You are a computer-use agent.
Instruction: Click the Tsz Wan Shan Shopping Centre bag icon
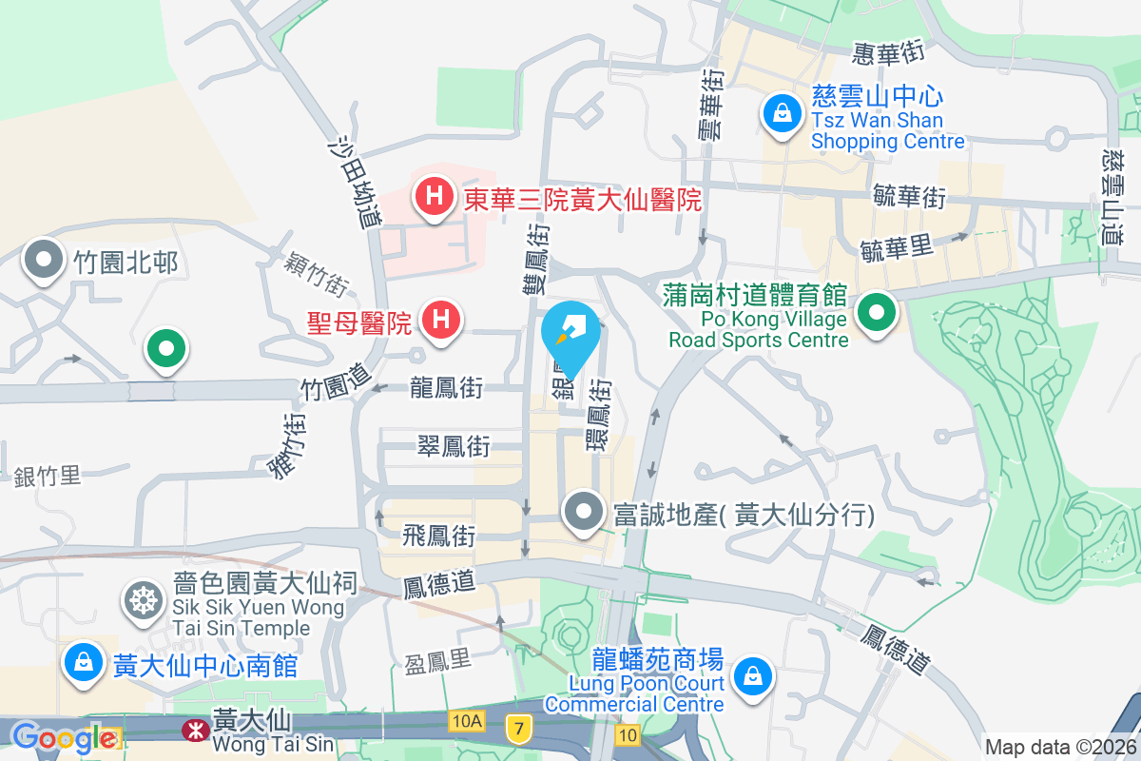(781, 114)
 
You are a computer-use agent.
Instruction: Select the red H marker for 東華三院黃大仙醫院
(434, 197)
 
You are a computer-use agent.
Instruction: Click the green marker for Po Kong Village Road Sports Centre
(877, 313)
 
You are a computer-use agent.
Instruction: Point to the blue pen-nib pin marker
(571, 335)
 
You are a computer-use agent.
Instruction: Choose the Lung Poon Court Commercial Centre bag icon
(752, 677)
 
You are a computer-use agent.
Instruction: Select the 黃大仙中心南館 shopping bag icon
(84, 662)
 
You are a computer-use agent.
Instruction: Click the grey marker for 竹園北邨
(44, 261)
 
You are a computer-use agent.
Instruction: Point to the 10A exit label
(467, 722)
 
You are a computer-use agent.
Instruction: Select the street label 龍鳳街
(446, 388)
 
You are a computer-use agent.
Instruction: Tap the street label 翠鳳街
(454, 445)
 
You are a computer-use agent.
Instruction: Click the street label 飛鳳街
(439, 536)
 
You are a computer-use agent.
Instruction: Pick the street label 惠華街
(888, 54)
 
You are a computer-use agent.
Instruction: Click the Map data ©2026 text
(1059, 747)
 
